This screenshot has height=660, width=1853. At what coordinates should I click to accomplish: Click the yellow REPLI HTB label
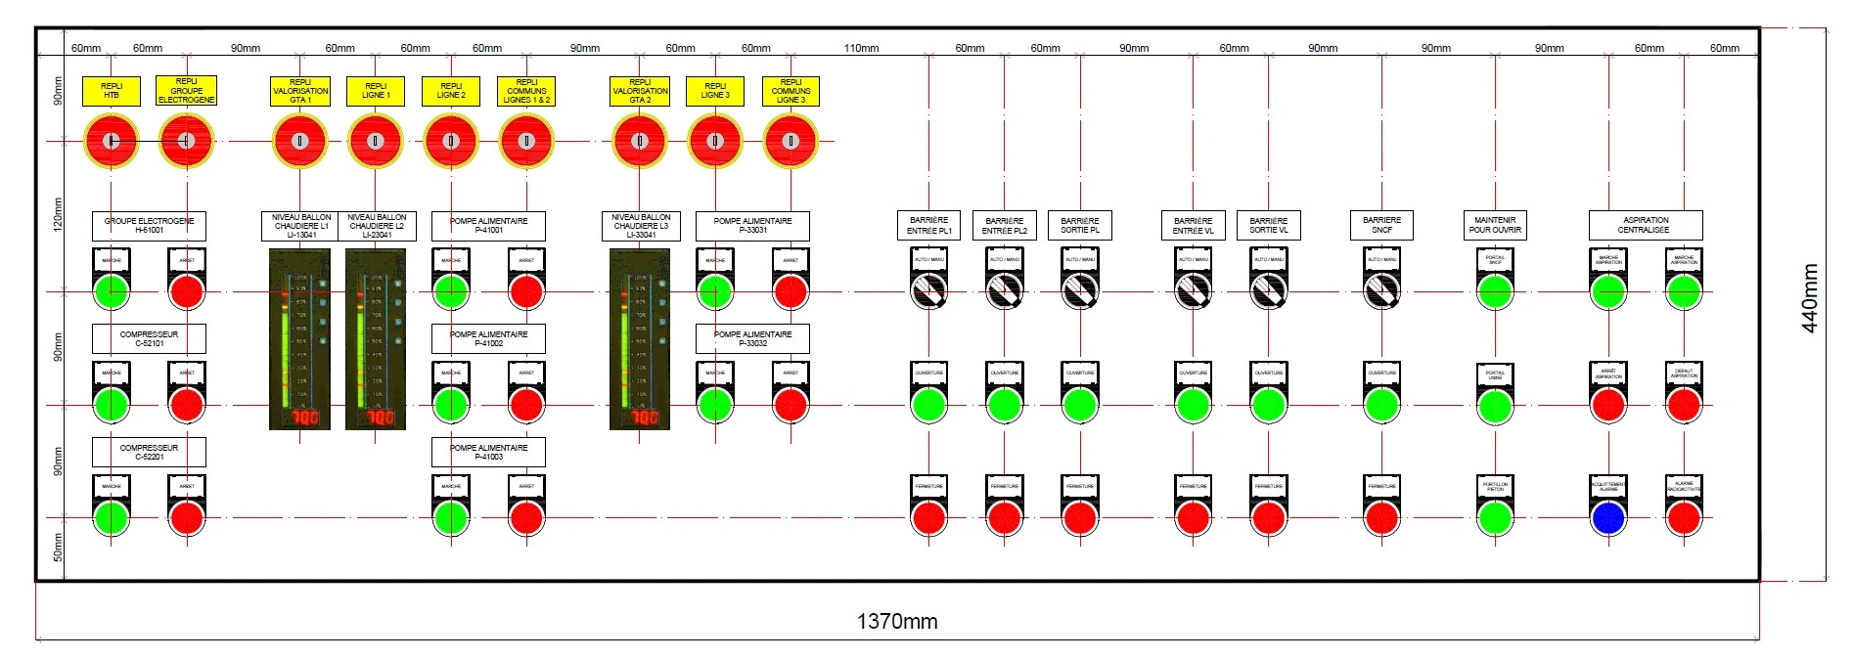pos(112,91)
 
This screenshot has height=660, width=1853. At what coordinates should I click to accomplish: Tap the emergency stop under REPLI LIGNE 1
pos(375,141)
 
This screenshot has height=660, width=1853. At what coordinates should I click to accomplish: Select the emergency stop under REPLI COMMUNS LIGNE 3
pos(791,141)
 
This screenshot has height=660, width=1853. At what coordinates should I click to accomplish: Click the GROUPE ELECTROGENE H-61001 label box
pos(149,226)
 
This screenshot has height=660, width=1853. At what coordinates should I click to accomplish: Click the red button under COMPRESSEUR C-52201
pos(187,517)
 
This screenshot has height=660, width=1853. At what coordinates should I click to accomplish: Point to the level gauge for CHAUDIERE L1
pos(300,338)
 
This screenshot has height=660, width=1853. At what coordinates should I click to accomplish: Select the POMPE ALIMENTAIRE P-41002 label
pos(488,338)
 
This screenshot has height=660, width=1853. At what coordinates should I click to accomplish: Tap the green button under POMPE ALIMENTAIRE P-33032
pos(715,404)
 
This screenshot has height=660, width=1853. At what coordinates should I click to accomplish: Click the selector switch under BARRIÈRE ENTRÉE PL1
pos(928,289)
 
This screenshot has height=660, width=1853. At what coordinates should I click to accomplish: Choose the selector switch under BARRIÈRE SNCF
pos(1381,289)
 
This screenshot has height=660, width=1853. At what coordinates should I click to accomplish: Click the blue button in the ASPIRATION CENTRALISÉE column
pos(1607,517)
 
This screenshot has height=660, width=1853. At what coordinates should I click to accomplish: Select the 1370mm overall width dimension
pos(896,621)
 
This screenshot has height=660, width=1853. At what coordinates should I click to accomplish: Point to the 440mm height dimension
pos(1810,298)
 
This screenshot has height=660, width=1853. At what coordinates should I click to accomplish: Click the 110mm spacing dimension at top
pos(861,48)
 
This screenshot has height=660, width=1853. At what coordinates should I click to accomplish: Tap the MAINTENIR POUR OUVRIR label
pos(1495,225)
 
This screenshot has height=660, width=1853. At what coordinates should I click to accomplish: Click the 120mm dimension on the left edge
pos(58,214)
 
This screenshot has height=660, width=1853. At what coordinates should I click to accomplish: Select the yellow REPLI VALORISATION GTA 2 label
pos(640,91)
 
